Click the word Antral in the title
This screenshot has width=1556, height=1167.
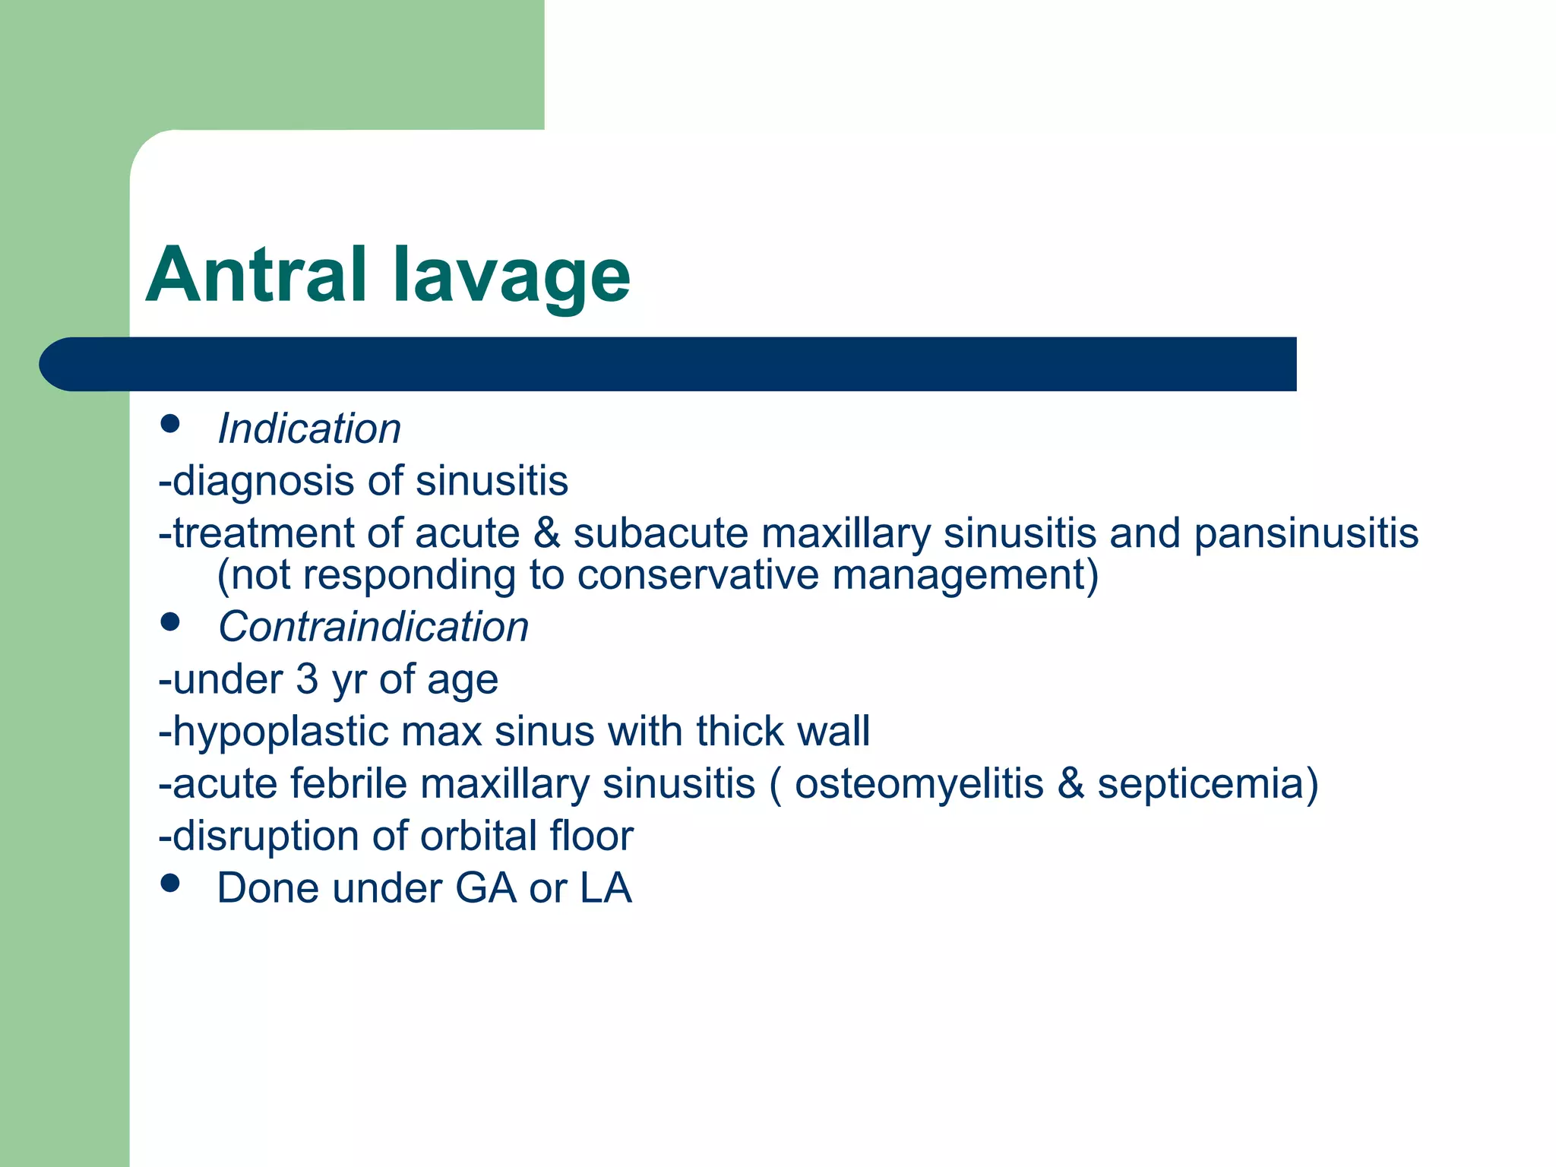click(x=256, y=275)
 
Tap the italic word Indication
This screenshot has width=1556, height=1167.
click(x=309, y=429)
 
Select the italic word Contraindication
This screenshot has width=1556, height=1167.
click(x=373, y=628)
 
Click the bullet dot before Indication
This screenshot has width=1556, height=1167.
click(x=170, y=424)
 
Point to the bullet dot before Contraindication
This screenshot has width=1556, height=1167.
click(x=170, y=622)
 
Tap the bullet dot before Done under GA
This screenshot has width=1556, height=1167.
click(x=170, y=883)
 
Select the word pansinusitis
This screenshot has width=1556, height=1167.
click(x=1305, y=533)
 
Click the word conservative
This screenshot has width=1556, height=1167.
click(x=697, y=575)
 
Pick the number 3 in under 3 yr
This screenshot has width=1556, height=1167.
click(x=307, y=679)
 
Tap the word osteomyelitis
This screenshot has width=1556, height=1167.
click(x=919, y=783)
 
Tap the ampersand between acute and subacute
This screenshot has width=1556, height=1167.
click(x=546, y=533)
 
